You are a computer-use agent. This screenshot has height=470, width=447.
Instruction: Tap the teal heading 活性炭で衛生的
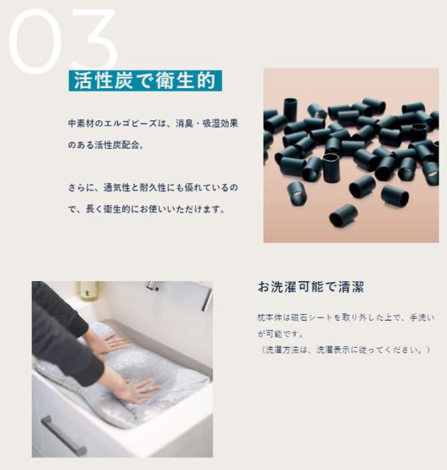coord(145,80)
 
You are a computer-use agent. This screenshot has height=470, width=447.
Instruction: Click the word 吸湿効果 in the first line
coord(220,123)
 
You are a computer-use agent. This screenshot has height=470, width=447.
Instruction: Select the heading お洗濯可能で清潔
coord(311,287)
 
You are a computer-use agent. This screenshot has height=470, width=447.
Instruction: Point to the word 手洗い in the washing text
coord(422,317)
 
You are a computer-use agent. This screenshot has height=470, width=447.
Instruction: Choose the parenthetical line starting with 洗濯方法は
coord(344,350)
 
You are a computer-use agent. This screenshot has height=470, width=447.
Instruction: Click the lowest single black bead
coord(343,215)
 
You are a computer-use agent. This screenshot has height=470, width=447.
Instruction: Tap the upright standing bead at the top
coord(291,109)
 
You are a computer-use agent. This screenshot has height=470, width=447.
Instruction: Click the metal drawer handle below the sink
coord(64,436)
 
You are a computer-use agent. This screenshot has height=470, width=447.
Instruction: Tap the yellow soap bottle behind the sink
coord(88,291)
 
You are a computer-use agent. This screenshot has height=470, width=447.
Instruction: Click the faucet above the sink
coord(153,285)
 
